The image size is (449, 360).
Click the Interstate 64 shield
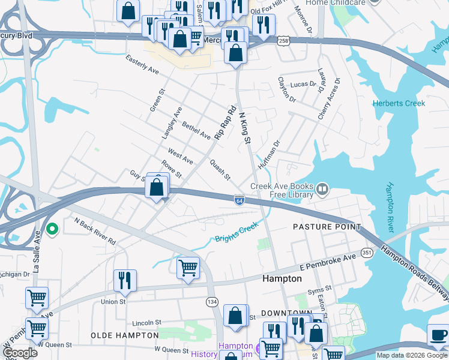239,199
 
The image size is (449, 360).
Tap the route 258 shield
283,40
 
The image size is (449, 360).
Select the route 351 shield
366,253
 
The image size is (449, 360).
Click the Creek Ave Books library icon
323,190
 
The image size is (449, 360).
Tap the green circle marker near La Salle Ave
52,228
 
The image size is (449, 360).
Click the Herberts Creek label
399,103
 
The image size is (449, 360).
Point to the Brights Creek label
237,232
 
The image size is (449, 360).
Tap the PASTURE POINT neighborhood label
327,227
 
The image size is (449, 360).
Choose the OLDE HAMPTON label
125,335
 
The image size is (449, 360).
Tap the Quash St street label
220,169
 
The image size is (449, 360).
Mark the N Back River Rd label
94,230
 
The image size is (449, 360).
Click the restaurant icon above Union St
125,280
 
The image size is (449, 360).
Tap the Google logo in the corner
20,353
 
